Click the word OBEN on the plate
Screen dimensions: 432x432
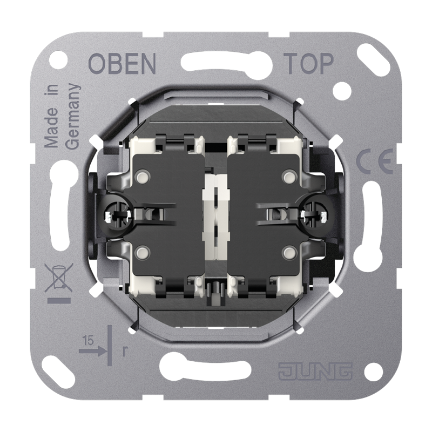(x=122, y=64)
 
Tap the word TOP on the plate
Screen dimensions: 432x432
(x=308, y=64)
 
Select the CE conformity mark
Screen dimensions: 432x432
(x=375, y=161)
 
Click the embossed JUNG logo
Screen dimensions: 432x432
(x=315, y=371)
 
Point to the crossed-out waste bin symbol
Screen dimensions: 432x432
(x=59, y=277)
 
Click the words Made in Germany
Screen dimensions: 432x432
(x=62, y=116)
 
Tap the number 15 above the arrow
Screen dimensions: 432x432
(x=88, y=341)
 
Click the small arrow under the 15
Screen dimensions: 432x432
(x=92, y=351)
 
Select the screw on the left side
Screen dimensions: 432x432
(x=118, y=214)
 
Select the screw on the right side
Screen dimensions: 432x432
(x=314, y=214)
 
